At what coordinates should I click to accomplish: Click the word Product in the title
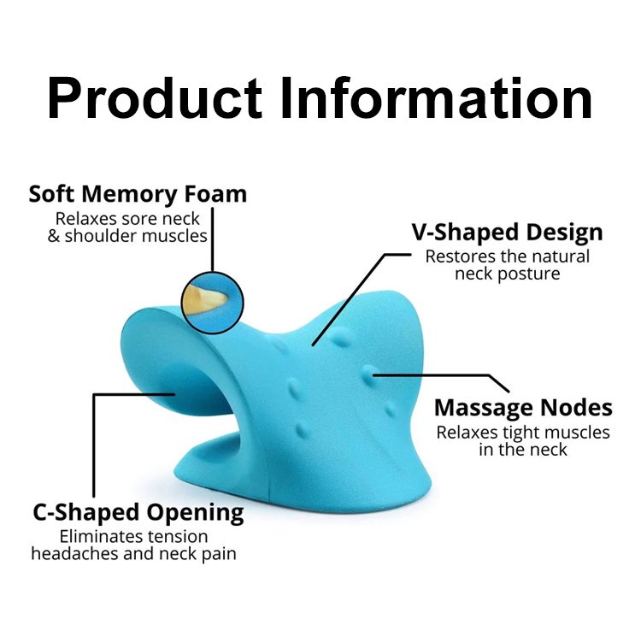point(155,99)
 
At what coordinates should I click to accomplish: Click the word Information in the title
point(436,98)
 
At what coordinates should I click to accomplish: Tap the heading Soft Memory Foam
point(138,194)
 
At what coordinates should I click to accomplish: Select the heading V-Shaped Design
point(507,233)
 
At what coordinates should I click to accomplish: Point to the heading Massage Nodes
point(523,408)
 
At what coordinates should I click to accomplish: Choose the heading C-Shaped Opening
point(138,513)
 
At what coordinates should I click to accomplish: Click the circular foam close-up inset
point(212,303)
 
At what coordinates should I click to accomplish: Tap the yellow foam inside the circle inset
point(203,300)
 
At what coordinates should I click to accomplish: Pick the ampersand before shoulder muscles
point(54,236)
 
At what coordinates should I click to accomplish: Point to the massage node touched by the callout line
point(368,374)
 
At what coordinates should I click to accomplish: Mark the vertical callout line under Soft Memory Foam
point(213,239)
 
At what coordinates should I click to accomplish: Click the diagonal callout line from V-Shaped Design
point(349,300)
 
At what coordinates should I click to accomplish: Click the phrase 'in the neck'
point(523,450)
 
